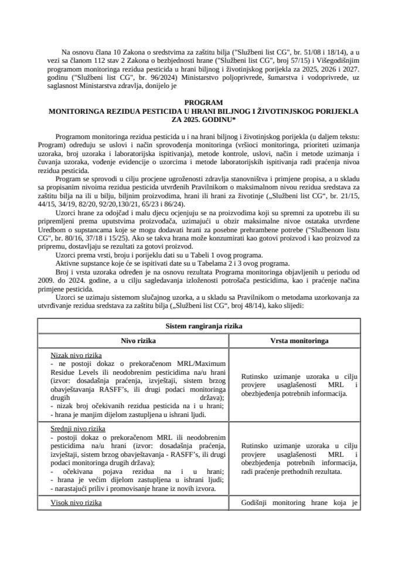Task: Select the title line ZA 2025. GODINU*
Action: coord(199,118)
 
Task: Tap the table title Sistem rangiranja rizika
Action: coord(199,326)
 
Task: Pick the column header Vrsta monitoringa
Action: coord(299,340)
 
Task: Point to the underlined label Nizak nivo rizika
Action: coord(76,355)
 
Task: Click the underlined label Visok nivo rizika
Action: coord(76,503)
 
